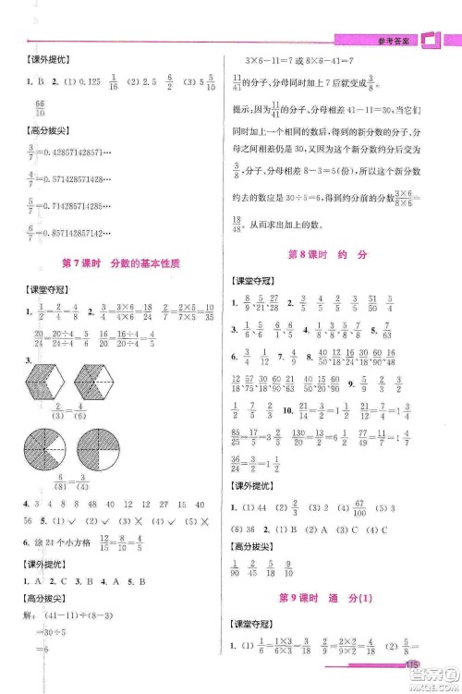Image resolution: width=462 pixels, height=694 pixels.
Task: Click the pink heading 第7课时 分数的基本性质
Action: click(x=119, y=263)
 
